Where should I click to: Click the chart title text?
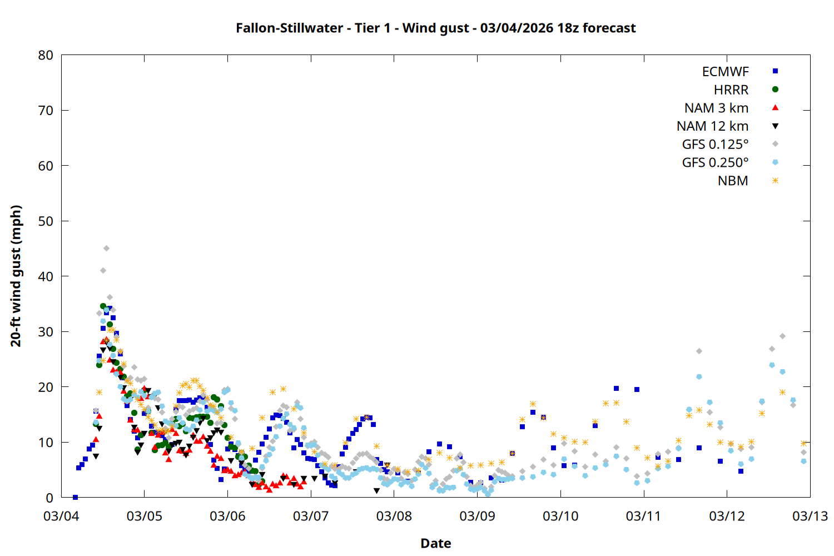[435, 28]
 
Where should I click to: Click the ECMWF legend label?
[725, 72]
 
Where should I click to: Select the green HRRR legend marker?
[775, 90]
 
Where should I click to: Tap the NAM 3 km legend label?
[716, 108]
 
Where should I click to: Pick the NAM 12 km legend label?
[712, 126]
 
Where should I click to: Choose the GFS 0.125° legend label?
[715, 145]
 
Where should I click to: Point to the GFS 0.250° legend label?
[715, 162]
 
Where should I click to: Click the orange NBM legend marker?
[775, 181]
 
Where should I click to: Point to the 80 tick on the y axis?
[46, 55]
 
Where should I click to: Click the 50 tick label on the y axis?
[46, 221]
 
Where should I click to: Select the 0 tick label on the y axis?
[50, 498]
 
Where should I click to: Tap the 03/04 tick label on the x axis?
[61, 516]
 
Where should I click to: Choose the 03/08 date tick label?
[394, 516]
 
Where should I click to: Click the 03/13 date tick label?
[810, 516]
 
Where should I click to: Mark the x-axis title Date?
[435, 543]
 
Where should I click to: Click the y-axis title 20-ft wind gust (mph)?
[16, 276]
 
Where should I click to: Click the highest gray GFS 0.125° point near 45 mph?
[106, 249]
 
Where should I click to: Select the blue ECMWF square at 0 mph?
[75, 497]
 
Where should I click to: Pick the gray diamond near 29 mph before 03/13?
[782, 336]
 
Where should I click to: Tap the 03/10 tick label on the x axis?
[560, 516]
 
